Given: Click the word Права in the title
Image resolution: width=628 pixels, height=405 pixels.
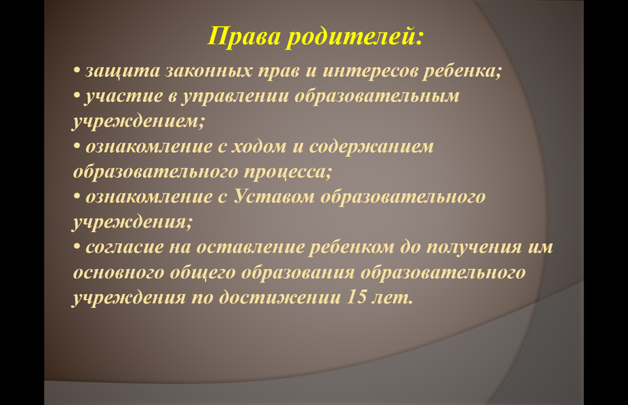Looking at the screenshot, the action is (x=244, y=36).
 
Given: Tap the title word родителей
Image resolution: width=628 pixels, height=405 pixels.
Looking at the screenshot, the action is (x=354, y=37).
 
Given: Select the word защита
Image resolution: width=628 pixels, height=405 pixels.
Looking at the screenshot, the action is (x=123, y=72).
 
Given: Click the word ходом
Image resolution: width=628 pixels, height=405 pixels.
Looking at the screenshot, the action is (x=259, y=147).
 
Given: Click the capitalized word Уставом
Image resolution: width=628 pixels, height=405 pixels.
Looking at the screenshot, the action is (x=274, y=196).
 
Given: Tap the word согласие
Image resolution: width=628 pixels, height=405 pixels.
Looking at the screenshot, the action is (x=125, y=247).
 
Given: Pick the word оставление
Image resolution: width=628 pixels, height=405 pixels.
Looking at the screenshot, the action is (x=251, y=247).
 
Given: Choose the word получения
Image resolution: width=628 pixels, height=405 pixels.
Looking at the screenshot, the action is (x=474, y=248).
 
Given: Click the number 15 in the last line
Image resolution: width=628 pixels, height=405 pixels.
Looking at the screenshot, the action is (x=356, y=297).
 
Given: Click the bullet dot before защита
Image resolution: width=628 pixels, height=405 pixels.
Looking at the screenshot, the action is (x=77, y=71).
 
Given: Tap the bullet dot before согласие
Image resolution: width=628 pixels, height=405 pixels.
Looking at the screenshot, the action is (x=77, y=247).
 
